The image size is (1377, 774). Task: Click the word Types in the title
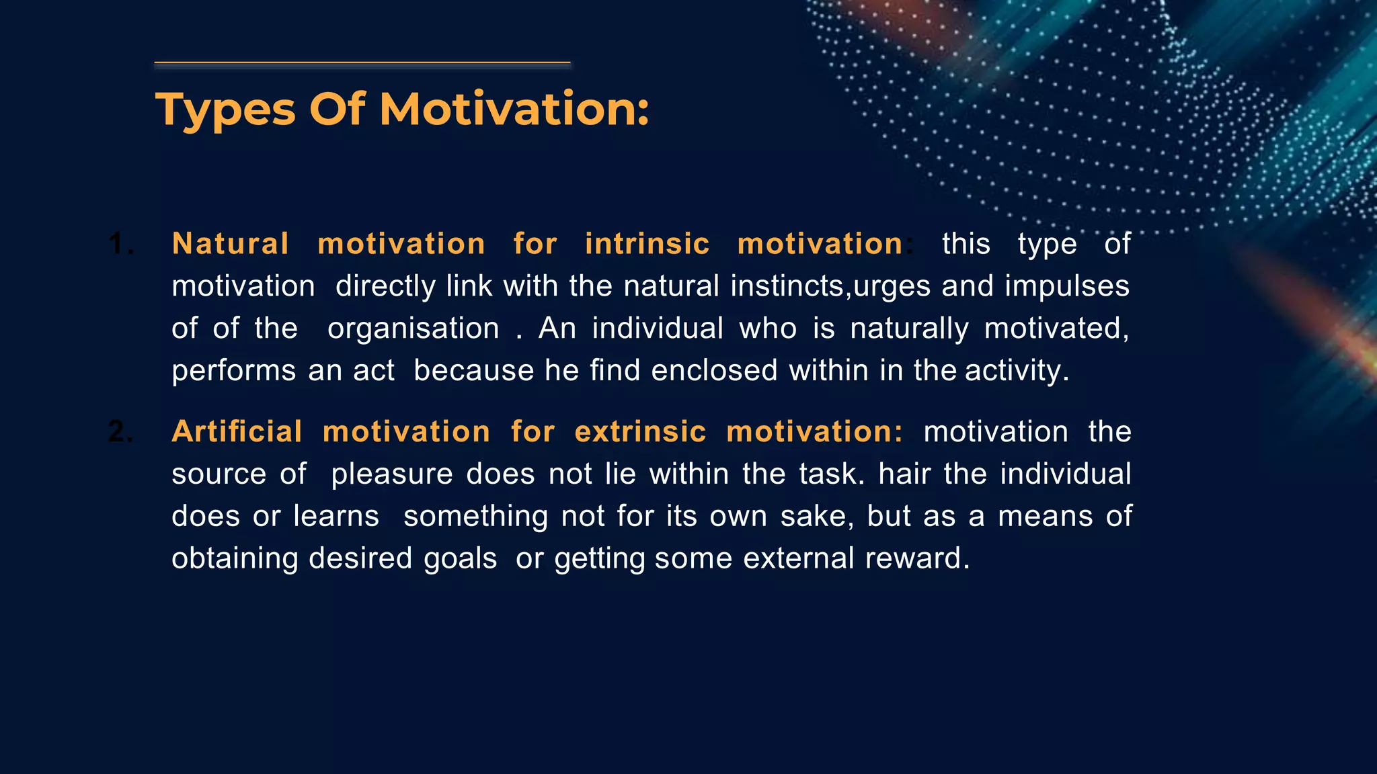tap(225, 110)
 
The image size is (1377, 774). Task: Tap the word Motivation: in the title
tap(514, 109)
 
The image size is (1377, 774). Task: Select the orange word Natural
tap(231, 243)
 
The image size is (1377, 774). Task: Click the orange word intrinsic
tap(647, 243)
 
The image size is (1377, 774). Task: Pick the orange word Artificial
tap(237, 431)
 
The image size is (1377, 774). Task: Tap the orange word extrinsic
tap(640, 431)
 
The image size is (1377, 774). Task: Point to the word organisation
tap(413, 329)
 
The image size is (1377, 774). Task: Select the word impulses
tap(1067, 286)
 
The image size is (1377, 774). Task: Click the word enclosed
tap(714, 371)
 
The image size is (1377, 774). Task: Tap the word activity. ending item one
tap(1017, 371)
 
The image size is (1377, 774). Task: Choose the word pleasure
tap(392, 474)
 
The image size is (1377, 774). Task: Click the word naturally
tap(909, 329)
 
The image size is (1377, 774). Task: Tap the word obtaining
tap(234, 558)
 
